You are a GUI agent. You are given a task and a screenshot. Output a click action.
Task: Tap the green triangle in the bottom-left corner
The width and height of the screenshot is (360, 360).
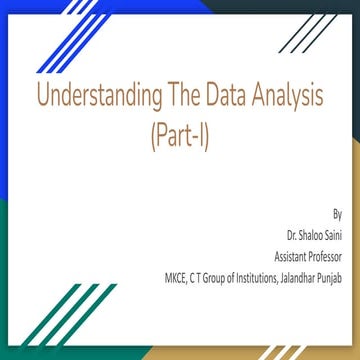coord(30,320)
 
